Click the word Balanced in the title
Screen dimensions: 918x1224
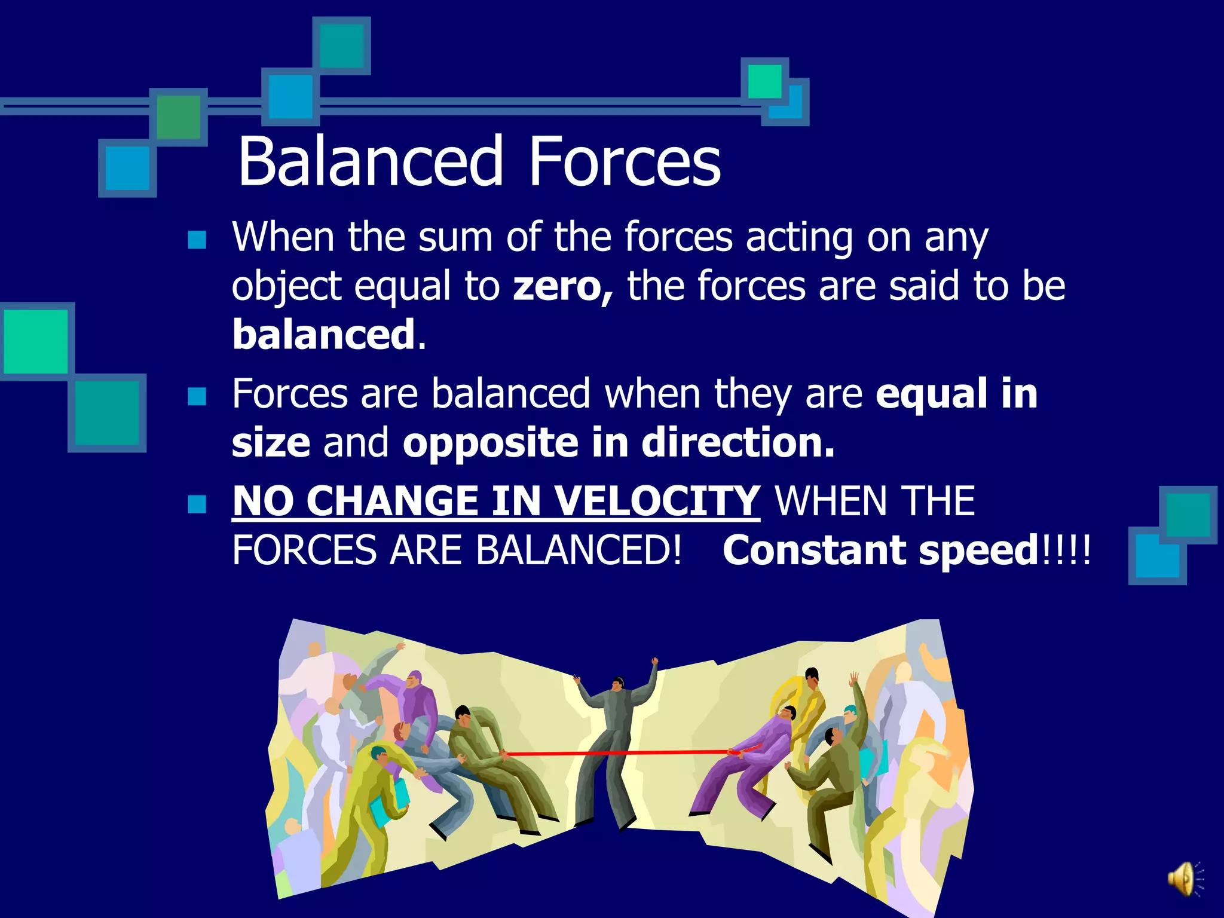click(371, 161)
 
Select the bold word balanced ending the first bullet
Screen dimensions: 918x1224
click(323, 335)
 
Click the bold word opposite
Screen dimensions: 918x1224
click(491, 443)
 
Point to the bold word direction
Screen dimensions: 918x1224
click(738, 443)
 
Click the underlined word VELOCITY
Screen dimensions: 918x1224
click(657, 501)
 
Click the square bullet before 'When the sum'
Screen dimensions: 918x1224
click(197, 240)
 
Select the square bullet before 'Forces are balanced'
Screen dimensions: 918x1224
click(197, 396)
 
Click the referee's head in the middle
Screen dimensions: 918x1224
click(617, 684)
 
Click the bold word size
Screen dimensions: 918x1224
click(271, 443)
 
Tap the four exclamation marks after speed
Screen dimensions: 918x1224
click(1066, 550)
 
